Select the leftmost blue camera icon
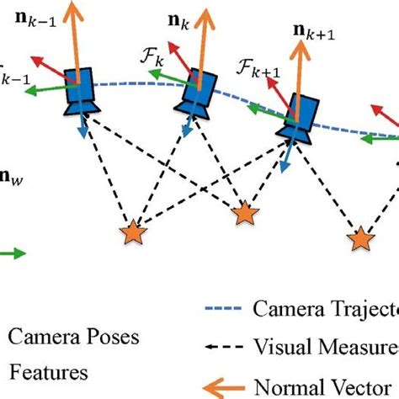[83, 93]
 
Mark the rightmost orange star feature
[361, 239]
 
